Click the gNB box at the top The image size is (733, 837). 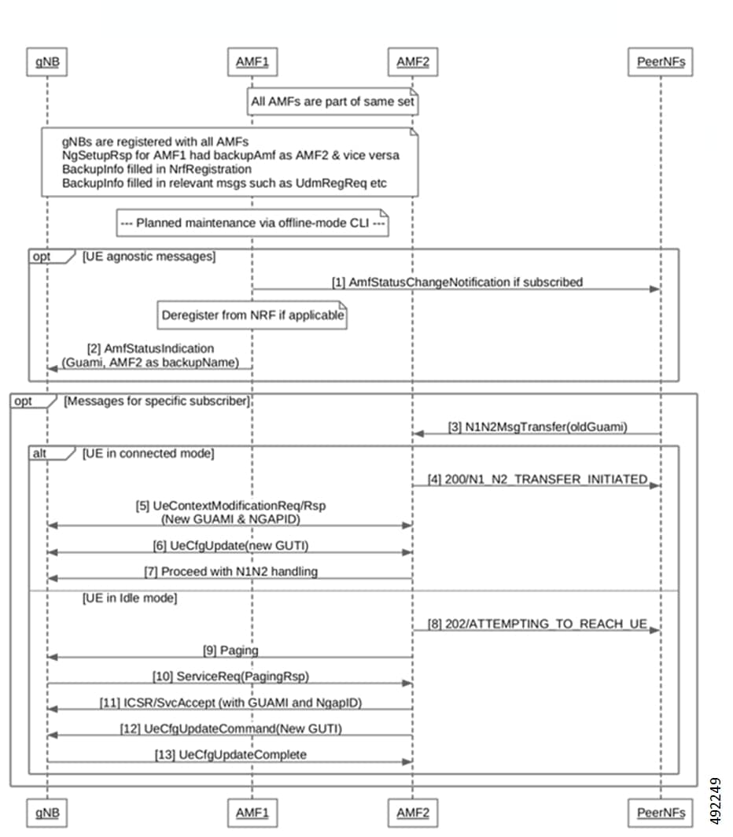pos(46,63)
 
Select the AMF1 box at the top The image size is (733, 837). pos(252,63)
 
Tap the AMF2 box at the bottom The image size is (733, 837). pos(413,812)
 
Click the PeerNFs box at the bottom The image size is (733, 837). pos(661,812)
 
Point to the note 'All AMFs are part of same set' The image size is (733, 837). pos(333,101)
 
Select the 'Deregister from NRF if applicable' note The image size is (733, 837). pos(252,316)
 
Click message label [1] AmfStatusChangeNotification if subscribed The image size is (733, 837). pos(456,282)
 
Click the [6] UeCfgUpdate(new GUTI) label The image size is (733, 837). pos(230,545)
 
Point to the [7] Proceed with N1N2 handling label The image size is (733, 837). pos(230,571)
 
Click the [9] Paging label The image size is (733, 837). pos(230,651)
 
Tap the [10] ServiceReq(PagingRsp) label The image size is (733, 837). pos(230,677)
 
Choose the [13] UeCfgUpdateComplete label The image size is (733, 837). pos(230,754)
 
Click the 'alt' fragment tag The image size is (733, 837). pos(39,452)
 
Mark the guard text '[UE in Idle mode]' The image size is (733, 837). pos(130,599)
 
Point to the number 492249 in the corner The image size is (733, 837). pos(716,802)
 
